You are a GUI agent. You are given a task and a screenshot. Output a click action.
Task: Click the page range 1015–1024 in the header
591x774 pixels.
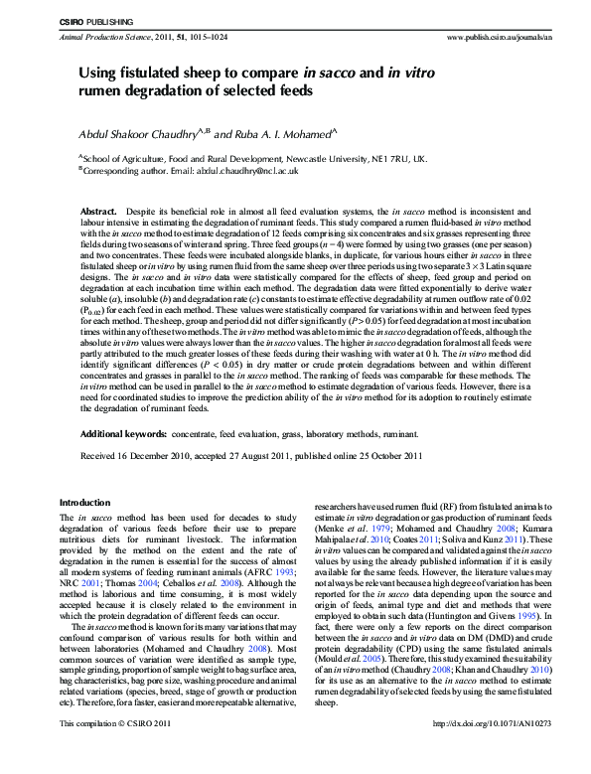tap(203, 34)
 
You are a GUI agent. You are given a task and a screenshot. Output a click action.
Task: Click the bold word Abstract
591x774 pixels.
tap(98, 213)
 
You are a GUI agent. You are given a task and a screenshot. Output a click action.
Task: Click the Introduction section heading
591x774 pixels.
tap(85, 503)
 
